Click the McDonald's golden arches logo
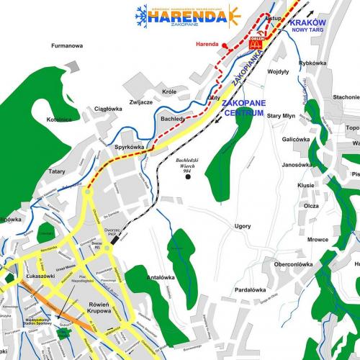(x=255, y=44)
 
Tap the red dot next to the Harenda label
(x=225, y=45)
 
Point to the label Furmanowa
(x=67, y=45)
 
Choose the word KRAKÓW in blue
(x=307, y=23)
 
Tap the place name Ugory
(x=222, y=226)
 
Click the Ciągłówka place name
(x=109, y=109)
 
